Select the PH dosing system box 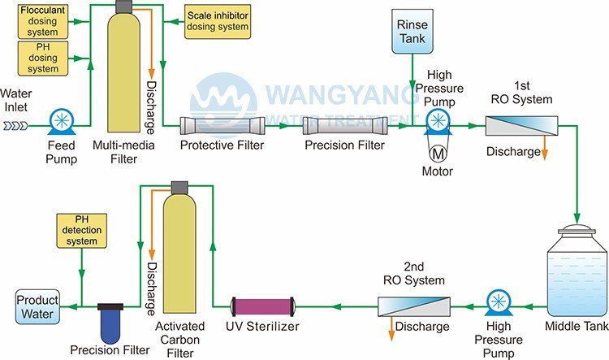[40, 59]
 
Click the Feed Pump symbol [61, 124]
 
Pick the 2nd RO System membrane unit [414, 307]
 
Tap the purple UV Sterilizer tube [266, 307]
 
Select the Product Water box [37, 307]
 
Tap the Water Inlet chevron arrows [15, 125]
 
